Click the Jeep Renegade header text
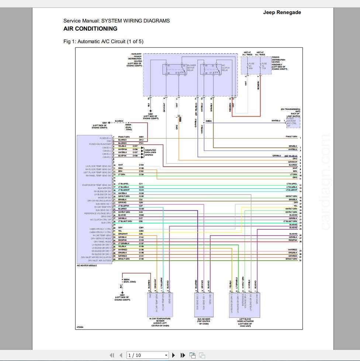click(282, 12)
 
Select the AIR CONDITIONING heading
click(90, 29)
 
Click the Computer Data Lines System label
click(151, 152)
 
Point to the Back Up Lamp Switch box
click(293, 122)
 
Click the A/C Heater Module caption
click(87, 265)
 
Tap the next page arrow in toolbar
click(174, 355)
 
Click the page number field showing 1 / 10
click(146, 355)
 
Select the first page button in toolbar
click(112, 355)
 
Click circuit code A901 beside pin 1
click(141, 137)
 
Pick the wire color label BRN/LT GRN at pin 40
click(124, 259)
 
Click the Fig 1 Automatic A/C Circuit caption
click(103, 41)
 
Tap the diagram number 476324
click(80, 327)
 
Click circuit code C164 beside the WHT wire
click(141, 165)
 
